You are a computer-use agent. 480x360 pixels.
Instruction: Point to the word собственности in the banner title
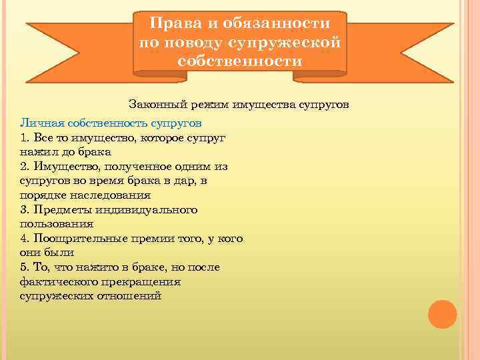(240, 61)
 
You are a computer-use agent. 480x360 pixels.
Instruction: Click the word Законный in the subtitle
(154, 105)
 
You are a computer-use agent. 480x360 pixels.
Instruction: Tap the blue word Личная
(42, 124)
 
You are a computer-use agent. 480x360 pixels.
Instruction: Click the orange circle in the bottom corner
(442, 314)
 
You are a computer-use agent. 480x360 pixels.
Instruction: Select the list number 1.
(24, 137)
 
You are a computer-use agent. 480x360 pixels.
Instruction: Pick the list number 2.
(24, 165)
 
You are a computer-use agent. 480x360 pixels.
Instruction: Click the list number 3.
(24, 210)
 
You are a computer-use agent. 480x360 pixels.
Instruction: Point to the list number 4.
(24, 239)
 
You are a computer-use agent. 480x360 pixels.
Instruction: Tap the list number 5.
(24, 267)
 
